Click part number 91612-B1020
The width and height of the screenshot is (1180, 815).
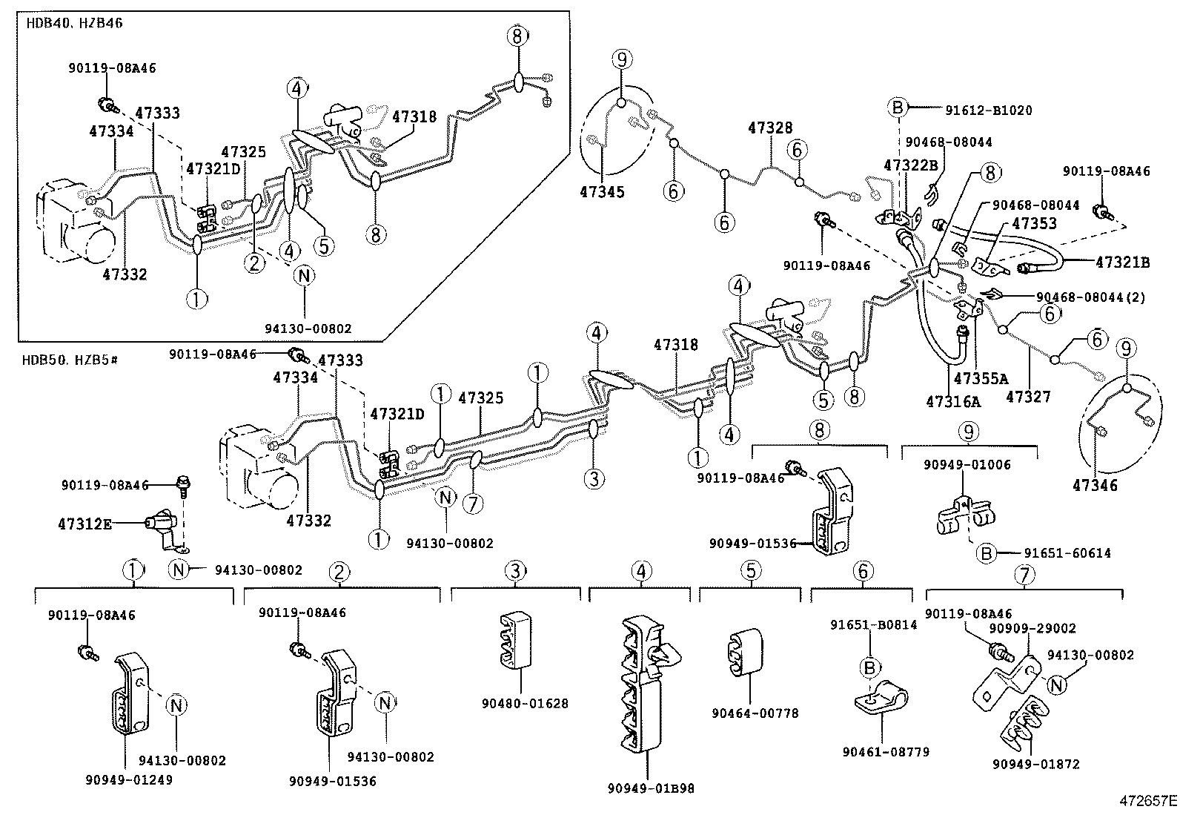tap(988, 110)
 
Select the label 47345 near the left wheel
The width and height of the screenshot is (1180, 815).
tap(602, 192)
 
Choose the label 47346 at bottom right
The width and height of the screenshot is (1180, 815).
tap(1095, 486)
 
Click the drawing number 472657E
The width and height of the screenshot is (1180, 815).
tap(1148, 801)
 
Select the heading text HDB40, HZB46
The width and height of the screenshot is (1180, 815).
tap(74, 23)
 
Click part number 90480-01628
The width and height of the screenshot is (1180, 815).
tap(525, 702)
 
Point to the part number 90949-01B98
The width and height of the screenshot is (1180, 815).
tap(650, 788)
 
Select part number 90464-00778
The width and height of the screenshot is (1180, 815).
tap(755, 713)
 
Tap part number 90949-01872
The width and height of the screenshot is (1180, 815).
tap(1036, 764)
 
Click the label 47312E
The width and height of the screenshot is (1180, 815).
tap(84, 524)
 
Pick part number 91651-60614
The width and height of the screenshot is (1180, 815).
tap(1067, 553)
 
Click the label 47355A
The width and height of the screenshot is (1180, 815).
tap(981, 379)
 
